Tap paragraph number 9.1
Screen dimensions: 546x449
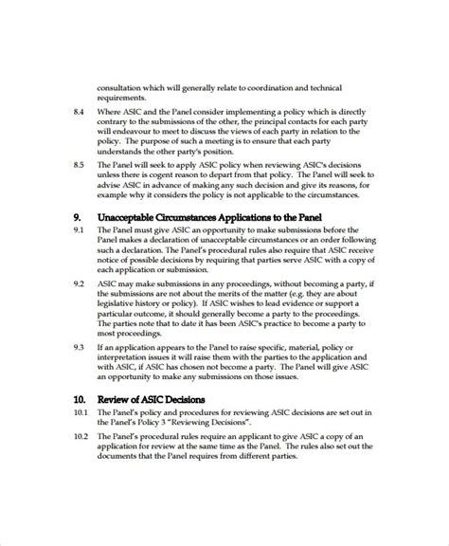tap(79, 230)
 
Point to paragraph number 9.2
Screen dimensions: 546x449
tap(79, 283)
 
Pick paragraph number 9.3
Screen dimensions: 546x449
tap(79, 347)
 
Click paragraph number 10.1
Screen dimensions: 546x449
tap(80, 414)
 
